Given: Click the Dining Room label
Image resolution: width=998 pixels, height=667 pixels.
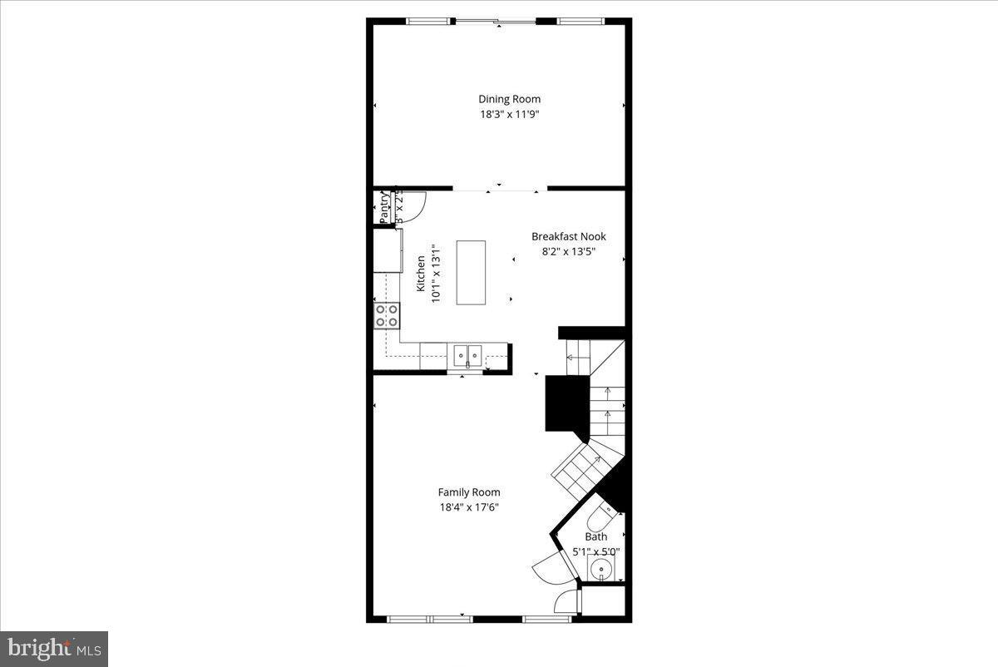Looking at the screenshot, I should click(x=509, y=99).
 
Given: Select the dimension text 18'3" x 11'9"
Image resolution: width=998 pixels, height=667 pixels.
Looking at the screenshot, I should click(x=509, y=115).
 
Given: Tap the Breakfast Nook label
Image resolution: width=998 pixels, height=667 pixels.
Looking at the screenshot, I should click(x=569, y=236).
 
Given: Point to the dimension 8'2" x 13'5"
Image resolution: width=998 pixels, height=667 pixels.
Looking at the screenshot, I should click(x=569, y=251).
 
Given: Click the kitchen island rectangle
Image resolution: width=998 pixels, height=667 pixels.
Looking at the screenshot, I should click(x=471, y=272).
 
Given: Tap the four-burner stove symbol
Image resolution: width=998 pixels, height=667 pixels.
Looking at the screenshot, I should click(x=387, y=315).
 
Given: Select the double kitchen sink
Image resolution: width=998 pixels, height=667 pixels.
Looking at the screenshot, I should click(x=469, y=355).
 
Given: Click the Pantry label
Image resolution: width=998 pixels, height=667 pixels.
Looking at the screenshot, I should click(x=384, y=208).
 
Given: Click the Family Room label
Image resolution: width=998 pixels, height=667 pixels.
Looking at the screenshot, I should click(x=469, y=492).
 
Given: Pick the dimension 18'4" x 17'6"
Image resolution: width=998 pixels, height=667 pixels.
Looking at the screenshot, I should click(x=469, y=507).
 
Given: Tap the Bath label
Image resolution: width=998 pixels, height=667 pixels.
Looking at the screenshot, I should click(x=596, y=536).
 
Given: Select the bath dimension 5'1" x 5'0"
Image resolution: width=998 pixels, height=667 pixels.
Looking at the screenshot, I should click(x=596, y=551).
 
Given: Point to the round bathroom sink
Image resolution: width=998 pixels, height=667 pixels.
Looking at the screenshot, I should click(x=600, y=570).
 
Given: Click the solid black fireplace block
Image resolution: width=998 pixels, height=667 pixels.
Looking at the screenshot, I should click(x=566, y=403).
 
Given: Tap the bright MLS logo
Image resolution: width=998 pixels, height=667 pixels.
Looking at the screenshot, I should click(x=54, y=648).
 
